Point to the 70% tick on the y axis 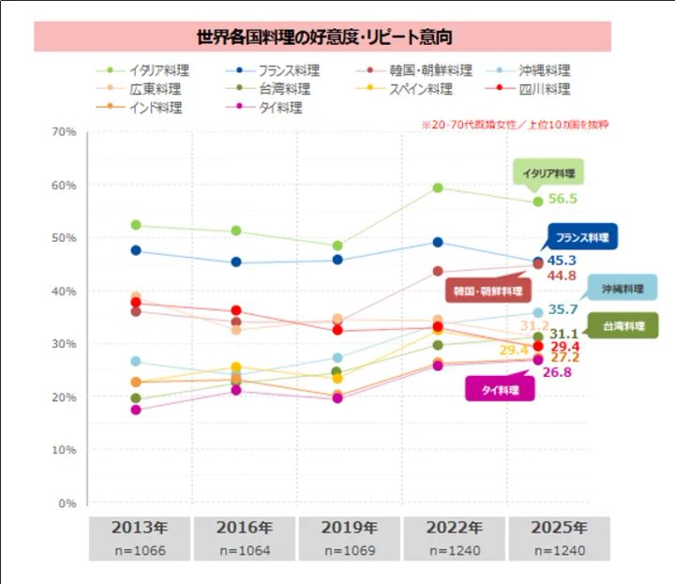coord(64,132)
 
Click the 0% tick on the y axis coord(67,503)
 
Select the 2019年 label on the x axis coord(350,528)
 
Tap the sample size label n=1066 coord(140,550)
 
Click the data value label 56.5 coord(562,200)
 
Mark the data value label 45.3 coord(562,261)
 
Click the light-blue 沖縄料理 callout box coord(622,288)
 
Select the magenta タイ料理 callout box coord(500,388)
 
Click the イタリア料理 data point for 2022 coord(437,187)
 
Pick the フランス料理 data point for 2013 coord(136,250)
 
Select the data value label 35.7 coord(562,309)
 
